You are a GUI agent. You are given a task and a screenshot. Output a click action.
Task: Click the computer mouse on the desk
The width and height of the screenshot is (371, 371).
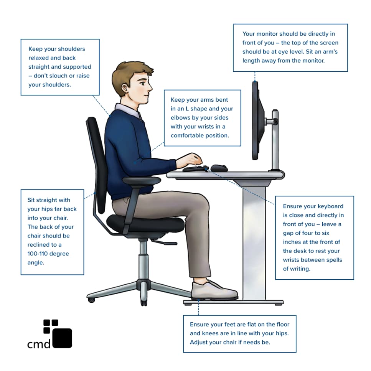coord(219,168)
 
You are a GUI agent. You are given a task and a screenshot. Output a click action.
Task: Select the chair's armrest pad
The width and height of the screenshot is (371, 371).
coord(141,181)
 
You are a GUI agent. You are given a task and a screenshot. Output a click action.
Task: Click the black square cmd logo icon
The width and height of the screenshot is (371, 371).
coord(62,338)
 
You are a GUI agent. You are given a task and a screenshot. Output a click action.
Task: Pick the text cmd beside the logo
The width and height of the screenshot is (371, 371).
coord(39,344)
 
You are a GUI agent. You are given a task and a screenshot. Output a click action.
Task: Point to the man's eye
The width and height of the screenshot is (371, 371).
coord(142,82)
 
